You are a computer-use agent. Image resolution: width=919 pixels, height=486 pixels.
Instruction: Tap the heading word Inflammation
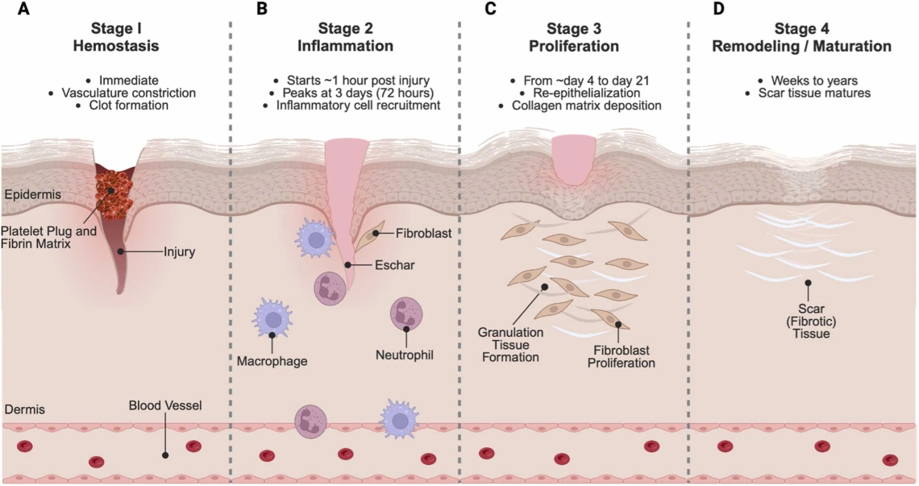click(x=346, y=46)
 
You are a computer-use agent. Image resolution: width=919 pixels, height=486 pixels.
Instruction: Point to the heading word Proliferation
click(x=574, y=46)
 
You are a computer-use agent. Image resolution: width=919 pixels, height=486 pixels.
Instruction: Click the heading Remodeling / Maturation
click(x=802, y=46)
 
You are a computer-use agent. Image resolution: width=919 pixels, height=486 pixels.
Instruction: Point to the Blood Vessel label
click(x=165, y=403)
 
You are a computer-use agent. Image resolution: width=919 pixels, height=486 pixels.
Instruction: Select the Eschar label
click(x=395, y=264)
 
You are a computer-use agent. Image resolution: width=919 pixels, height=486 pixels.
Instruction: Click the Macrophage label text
click(x=272, y=360)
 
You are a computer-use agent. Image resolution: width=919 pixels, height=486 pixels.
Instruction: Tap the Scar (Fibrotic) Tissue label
click(x=807, y=319)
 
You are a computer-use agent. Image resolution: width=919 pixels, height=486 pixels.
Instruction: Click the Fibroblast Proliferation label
click(x=618, y=357)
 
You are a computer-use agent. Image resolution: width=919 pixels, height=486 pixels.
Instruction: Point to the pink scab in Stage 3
click(x=574, y=157)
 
